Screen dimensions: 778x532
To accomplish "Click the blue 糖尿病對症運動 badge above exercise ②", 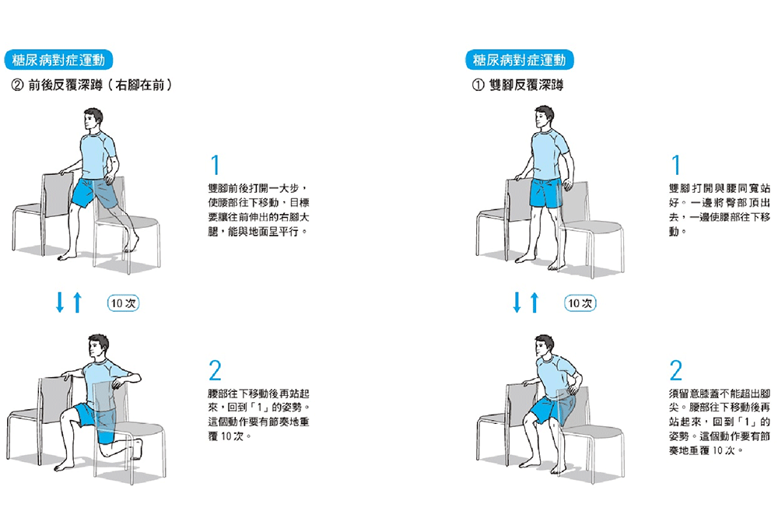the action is point(58,60).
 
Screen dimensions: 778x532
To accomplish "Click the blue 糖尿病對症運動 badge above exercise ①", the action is point(520,60).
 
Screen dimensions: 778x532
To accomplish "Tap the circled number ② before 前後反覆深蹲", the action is point(17,86).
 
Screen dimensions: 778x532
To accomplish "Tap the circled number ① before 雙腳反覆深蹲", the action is point(478,86).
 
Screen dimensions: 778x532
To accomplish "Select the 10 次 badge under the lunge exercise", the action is point(123,303).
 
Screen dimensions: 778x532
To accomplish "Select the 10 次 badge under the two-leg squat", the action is point(580,303).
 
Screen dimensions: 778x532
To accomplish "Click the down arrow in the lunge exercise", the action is point(60,302).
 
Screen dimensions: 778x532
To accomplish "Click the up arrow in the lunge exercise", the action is point(77,302).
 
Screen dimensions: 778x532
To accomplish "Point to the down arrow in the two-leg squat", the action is point(517,302).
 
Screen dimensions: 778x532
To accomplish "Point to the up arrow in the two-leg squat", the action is point(534,302).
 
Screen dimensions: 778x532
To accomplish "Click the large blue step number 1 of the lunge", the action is point(215,165).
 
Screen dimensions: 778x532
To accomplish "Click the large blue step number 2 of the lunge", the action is point(215,370).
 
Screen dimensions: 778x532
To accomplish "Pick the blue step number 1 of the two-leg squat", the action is point(675,165).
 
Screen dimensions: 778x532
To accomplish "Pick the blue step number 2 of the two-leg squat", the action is point(676,370).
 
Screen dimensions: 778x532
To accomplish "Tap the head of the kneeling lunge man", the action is point(98,347).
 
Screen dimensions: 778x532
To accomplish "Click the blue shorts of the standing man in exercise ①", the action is point(546,193).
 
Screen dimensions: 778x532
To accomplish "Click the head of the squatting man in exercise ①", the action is point(545,346).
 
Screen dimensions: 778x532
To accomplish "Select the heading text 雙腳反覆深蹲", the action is point(527,86).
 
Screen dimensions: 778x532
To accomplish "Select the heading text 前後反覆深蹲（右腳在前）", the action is point(100,86).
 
